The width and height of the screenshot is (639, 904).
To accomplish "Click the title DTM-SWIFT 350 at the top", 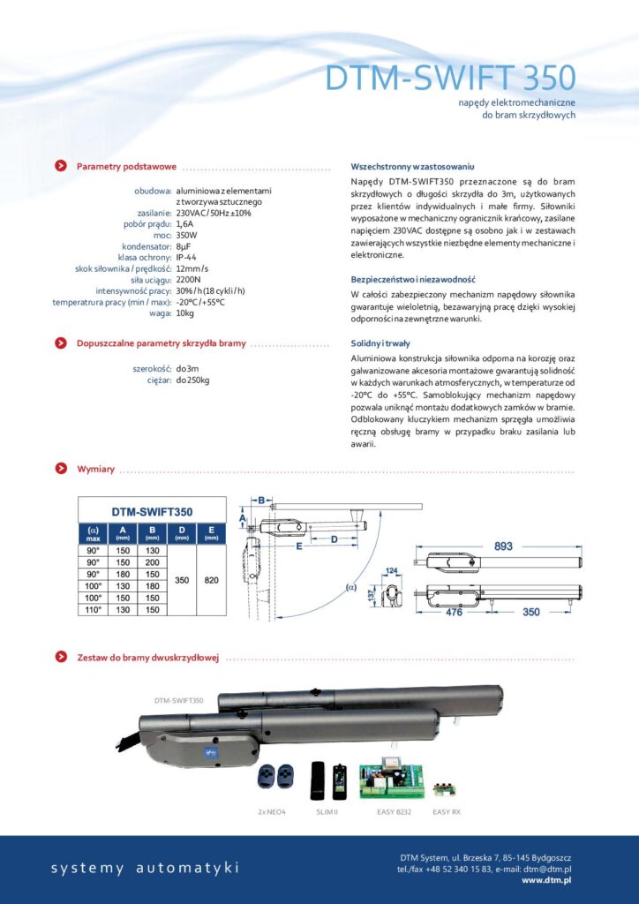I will pos(450,78).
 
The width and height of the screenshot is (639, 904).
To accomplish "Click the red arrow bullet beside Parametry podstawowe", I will pos(59,166).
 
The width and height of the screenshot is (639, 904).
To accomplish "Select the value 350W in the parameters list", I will pos(187,236).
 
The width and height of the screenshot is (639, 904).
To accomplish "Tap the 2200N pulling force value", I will pos(189,279).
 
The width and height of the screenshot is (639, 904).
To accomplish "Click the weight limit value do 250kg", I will pos(192,380).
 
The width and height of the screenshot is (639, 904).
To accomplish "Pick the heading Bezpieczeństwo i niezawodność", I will pos(413,279).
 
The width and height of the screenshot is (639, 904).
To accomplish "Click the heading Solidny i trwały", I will pos(380,343).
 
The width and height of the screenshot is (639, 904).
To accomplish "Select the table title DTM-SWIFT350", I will pos(152,510).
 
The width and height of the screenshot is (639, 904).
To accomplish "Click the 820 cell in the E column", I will pos(211,580).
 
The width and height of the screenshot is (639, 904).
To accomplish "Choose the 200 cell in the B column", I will pos(152,562).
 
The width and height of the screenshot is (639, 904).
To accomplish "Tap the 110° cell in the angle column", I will pos(93,609).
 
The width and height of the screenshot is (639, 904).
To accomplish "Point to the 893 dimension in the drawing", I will pos(503,546).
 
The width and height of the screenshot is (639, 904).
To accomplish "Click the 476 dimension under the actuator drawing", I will pos(455,611).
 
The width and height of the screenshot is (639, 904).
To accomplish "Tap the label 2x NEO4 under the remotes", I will pos(273,810).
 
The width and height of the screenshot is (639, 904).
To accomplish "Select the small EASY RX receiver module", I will pos(445,782).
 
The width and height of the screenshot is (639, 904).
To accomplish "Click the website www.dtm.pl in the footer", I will pos(546,879).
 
